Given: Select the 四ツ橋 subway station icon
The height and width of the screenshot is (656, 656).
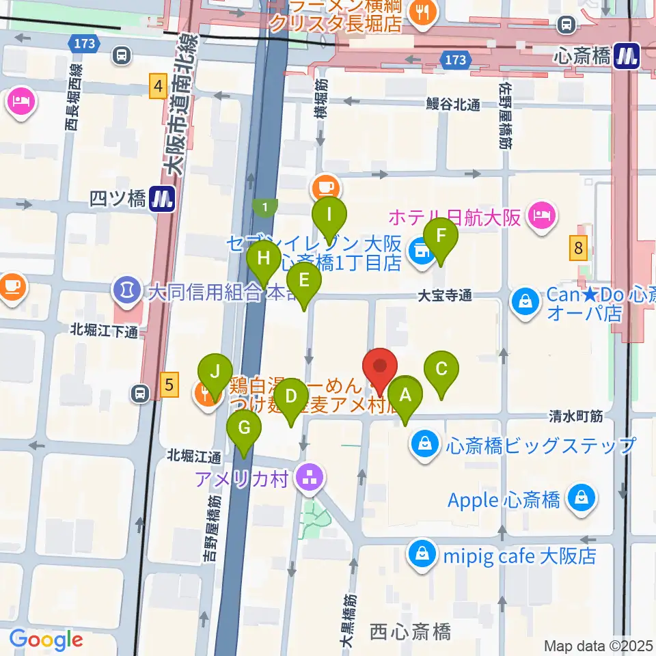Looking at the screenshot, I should coord(163,199).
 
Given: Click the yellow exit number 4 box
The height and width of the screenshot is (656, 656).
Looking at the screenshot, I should coord(159,87).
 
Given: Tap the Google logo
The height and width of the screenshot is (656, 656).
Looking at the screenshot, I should coord(46,640).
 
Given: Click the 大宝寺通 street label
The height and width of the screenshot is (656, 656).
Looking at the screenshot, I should coord(445,296).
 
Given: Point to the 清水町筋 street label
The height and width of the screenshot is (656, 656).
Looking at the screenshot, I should coord(577,415).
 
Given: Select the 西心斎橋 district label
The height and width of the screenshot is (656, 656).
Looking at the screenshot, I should coord(410,631).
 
